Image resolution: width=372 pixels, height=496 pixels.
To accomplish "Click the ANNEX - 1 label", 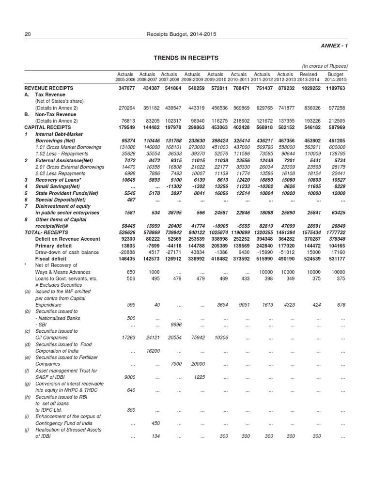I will pos(334,46).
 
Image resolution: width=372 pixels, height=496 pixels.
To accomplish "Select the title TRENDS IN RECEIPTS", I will pos(186,58).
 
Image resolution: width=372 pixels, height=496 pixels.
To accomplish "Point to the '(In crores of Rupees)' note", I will pos(325,66).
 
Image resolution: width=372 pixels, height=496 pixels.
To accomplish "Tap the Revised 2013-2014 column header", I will pos(309,77).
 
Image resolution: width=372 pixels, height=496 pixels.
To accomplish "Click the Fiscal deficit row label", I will pos(52,259).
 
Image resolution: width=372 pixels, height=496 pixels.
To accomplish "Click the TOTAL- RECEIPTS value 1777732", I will pos(335,232).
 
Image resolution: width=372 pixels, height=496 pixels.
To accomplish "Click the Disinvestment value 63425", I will pos(337,213).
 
